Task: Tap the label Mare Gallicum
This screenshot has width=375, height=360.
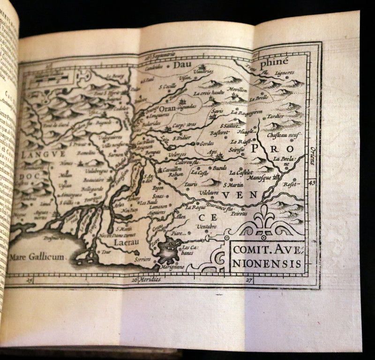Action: click(x=37, y=257)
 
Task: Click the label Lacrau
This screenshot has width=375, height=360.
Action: click(x=125, y=242)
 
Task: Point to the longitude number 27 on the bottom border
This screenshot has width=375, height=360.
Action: click(x=249, y=280)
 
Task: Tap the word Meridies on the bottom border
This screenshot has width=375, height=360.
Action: click(x=150, y=279)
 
